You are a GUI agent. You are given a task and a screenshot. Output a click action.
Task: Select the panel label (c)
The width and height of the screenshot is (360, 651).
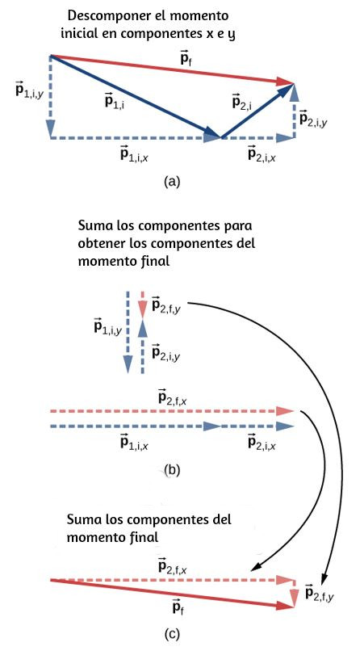point(172,634)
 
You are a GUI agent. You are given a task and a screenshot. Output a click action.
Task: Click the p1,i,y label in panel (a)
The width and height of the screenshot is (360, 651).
point(29,90)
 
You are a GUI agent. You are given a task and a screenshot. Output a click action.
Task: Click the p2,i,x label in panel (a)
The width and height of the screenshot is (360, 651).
point(262,154)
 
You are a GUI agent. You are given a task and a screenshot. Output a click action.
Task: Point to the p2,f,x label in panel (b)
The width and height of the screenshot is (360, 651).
point(174,397)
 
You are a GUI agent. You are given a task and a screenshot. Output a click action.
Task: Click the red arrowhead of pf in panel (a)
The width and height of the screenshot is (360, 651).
point(286,82)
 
